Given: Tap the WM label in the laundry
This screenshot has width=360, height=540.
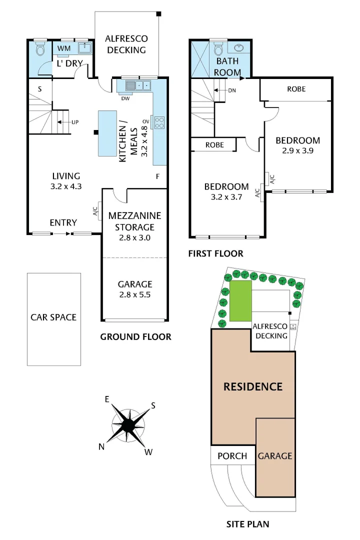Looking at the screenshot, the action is tap(64, 48).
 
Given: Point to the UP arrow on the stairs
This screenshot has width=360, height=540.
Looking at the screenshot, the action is tap(72, 121).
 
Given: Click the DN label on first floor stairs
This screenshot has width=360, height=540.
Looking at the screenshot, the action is tap(231, 90).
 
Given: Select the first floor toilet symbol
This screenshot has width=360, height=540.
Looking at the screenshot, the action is tap(218, 49).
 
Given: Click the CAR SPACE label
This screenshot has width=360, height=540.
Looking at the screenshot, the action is tap(53, 317).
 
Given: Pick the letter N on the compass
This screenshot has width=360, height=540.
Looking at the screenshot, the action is tap(102, 446).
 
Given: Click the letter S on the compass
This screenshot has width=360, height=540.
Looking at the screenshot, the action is tap(153, 405).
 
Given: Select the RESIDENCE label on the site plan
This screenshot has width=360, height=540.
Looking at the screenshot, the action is tap(252, 386).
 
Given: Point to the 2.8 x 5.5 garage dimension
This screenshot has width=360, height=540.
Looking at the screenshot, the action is tap(134, 294).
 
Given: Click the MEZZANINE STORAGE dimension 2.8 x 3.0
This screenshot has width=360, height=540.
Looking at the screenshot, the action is tap(134, 237).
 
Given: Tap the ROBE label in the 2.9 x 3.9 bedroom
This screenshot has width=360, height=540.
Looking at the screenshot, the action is tap(296, 89).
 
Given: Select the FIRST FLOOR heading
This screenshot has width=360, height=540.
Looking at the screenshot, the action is tap(215, 253).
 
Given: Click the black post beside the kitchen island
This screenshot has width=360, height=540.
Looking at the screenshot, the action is tap(95, 132).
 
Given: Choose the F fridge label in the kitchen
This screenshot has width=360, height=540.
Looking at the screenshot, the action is tap(157, 176).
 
